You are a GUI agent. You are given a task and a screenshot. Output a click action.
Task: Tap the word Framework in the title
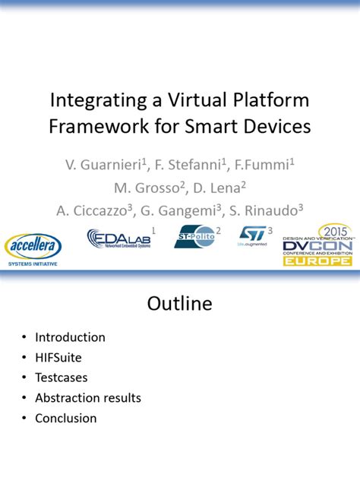coord(90,126)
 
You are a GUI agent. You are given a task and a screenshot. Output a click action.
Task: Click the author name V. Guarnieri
coord(101,164)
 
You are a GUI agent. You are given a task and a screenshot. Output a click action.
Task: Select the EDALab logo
coord(120,239)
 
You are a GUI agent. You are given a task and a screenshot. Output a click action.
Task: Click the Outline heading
coord(179,305)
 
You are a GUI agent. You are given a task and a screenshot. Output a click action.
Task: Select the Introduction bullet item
coord(70,337)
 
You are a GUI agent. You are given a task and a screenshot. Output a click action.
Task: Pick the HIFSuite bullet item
coord(59,357)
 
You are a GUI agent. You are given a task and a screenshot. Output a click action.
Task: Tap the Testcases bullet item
coord(62,377)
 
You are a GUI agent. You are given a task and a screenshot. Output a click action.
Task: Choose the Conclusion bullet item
coord(66,418)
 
